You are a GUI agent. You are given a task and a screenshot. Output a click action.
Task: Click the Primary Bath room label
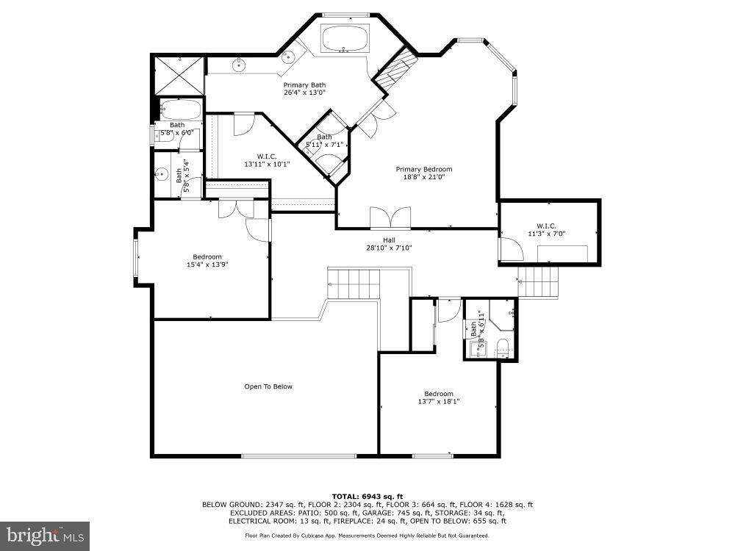pyautogui.click(x=304, y=85)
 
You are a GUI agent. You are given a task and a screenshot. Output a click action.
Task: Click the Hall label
pyautogui.click(x=389, y=240)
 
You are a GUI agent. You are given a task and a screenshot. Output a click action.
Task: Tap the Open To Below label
pyautogui.click(x=268, y=386)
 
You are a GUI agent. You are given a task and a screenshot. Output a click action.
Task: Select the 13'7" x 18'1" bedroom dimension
pyautogui.click(x=439, y=402)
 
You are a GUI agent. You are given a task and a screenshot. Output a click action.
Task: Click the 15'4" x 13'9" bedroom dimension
pyautogui.click(x=207, y=264)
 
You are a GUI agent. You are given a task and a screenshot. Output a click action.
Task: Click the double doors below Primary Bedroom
pyautogui.click(x=390, y=219)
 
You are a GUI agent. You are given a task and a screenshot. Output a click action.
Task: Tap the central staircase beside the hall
pyautogui.click(x=354, y=284)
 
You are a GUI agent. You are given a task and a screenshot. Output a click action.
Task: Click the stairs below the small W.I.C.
pyautogui.click(x=539, y=282)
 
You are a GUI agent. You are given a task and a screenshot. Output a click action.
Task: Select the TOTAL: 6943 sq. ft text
pyautogui.click(x=367, y=497)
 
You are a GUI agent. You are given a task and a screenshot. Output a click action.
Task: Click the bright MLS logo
pyautogui.click(x=45, y=536)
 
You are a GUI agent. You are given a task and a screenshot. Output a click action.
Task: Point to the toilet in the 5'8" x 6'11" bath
pyautogui.click(x=503, y=347)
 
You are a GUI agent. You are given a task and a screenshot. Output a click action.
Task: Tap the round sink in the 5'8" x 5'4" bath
pyautogui.click(x=162, y=174)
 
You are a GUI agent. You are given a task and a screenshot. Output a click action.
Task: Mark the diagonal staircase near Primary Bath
pyautogui.click(x=394, y=68)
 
